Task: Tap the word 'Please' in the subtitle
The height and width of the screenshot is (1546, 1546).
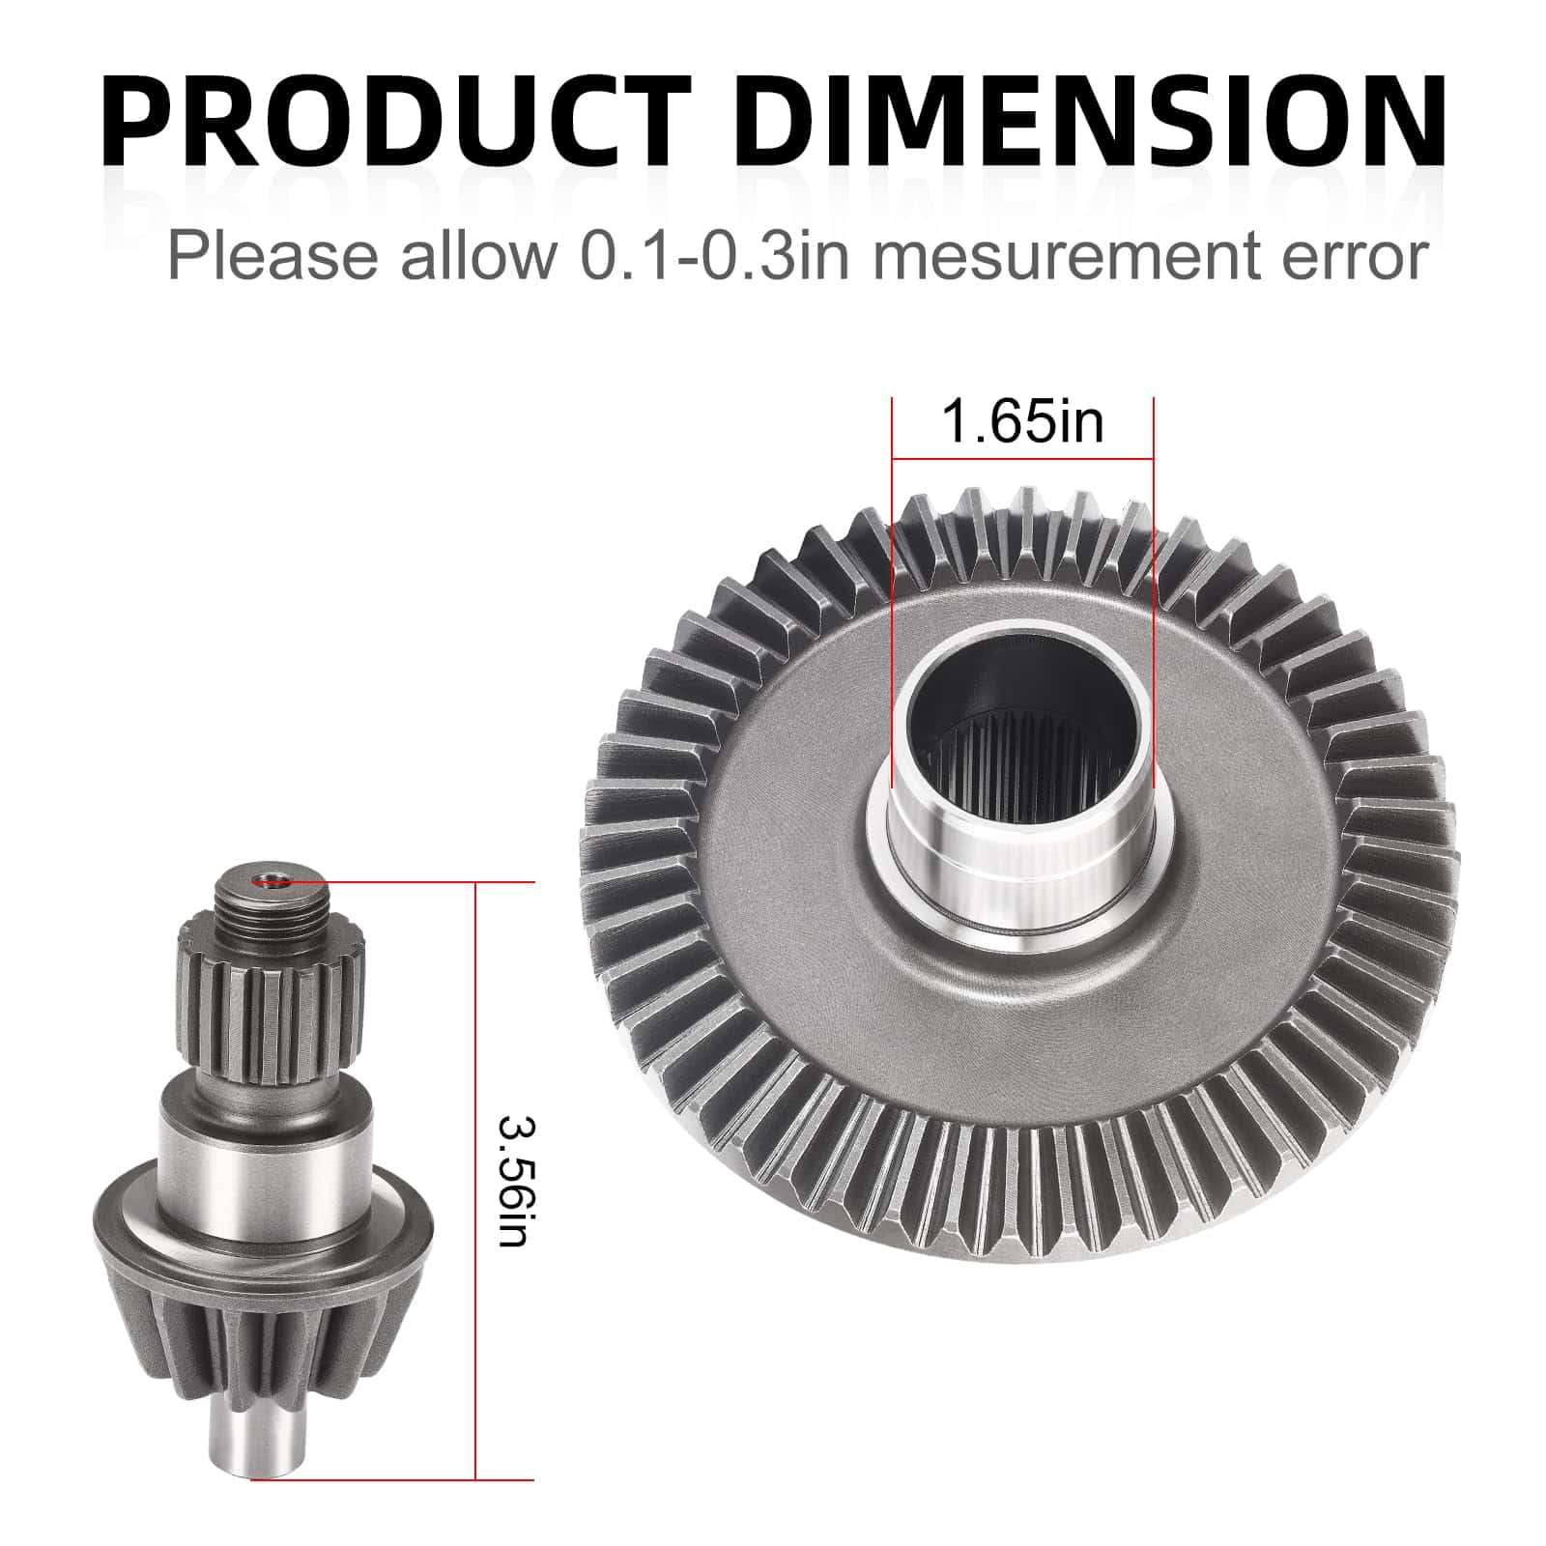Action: point(273,256)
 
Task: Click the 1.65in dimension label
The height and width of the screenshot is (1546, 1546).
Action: point(1021,422)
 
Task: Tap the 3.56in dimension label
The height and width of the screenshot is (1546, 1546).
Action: point(513,1181)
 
